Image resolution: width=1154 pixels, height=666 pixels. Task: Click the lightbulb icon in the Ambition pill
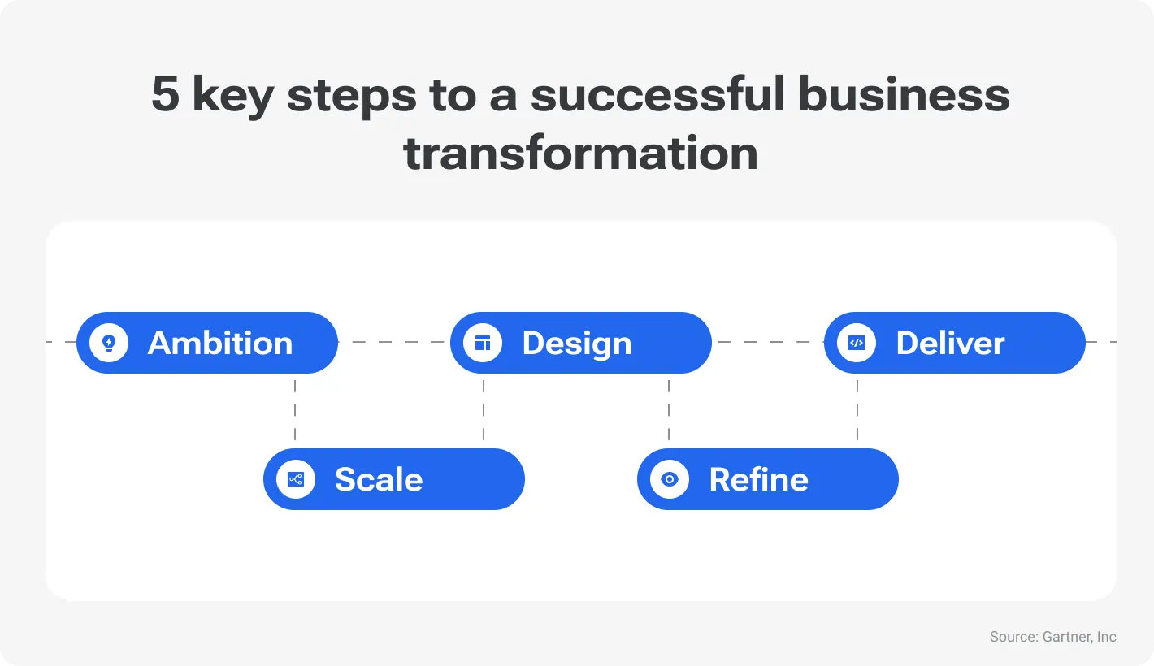tap(109, 343)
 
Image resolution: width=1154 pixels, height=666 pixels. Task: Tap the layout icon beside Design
tap(483, 343)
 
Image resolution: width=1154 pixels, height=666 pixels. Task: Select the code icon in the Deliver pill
tap(857, 343)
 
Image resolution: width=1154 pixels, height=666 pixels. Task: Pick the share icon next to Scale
tap(296, 479)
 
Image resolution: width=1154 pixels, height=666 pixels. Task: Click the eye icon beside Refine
tap(670, 479)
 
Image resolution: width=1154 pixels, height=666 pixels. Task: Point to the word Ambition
tap(220, 343)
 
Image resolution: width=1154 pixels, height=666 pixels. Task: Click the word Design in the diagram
tap(577, 343)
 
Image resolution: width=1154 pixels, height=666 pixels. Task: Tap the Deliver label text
tap(950, 343)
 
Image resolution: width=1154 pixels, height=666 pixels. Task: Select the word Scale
tap(379, 479)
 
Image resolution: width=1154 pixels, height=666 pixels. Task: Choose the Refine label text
tap(758, 479)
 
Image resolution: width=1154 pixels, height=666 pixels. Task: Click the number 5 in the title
tap(165, 96)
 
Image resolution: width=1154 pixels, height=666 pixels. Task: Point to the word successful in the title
tap(657, 96)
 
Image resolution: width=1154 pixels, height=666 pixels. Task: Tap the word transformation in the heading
tap(580, 154)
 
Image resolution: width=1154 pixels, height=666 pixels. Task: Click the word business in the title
tap(904, 96)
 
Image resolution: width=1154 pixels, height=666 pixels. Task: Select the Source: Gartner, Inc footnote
tap(1052, 637)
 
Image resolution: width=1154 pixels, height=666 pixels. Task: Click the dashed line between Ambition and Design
tap(394, 343)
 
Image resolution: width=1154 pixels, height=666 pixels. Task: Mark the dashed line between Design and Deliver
tap(768, 343)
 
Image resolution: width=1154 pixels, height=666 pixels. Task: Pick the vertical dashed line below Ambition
tap(295, 410)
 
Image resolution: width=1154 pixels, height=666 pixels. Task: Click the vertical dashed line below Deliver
tap(857, 410)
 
